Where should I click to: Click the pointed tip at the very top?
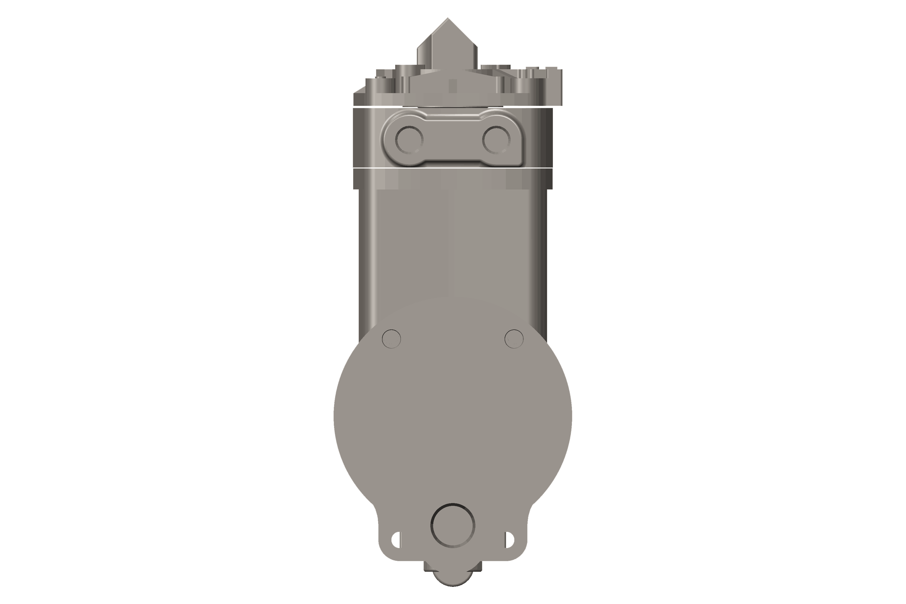[448, 19]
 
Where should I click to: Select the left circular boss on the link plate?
[409, 139]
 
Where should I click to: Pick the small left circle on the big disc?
[391, 339]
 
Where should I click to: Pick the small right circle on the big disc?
[514, 339]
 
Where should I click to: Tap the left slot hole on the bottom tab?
[396, 540]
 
